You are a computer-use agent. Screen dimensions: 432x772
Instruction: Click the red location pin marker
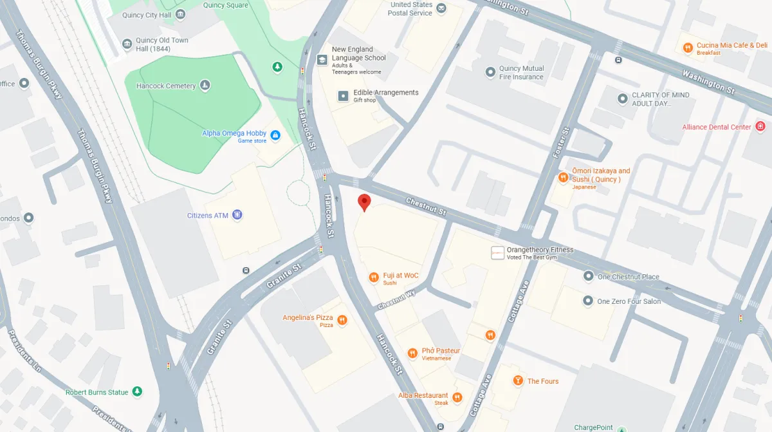click(364, 202)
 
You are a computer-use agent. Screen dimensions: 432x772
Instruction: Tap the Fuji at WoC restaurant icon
click(373, 277)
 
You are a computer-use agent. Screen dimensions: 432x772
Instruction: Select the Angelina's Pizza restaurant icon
click(342, 320)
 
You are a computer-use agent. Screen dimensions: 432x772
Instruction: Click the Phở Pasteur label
click(441, 351)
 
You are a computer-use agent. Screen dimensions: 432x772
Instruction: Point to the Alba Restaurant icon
click(457, 397)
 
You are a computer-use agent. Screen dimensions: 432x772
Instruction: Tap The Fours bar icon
click(518, 381)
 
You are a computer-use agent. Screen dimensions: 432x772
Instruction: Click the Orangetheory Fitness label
click(540, 250)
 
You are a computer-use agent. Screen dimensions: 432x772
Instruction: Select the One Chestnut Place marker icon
click(588, 276)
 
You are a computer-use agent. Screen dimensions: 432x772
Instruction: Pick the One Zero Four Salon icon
click(588, 301)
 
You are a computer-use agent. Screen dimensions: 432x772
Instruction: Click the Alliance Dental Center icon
click(760, 126)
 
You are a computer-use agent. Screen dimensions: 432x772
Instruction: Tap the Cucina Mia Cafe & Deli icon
click(688, 47)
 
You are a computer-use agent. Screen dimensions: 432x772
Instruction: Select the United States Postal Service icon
click(441, 8)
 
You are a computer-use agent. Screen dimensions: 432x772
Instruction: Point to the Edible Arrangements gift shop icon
click(344, 96)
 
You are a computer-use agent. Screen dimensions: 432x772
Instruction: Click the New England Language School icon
click(322, 59)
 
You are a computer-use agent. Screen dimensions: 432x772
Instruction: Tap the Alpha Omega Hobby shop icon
click(275, 135)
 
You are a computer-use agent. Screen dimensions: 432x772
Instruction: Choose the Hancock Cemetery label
click(166, 86)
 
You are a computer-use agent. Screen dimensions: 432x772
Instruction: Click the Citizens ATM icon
click(237, 214)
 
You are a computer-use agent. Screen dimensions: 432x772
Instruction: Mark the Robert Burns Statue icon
click(137, 391)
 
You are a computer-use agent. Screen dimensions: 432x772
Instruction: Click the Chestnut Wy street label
click(397, 299)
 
